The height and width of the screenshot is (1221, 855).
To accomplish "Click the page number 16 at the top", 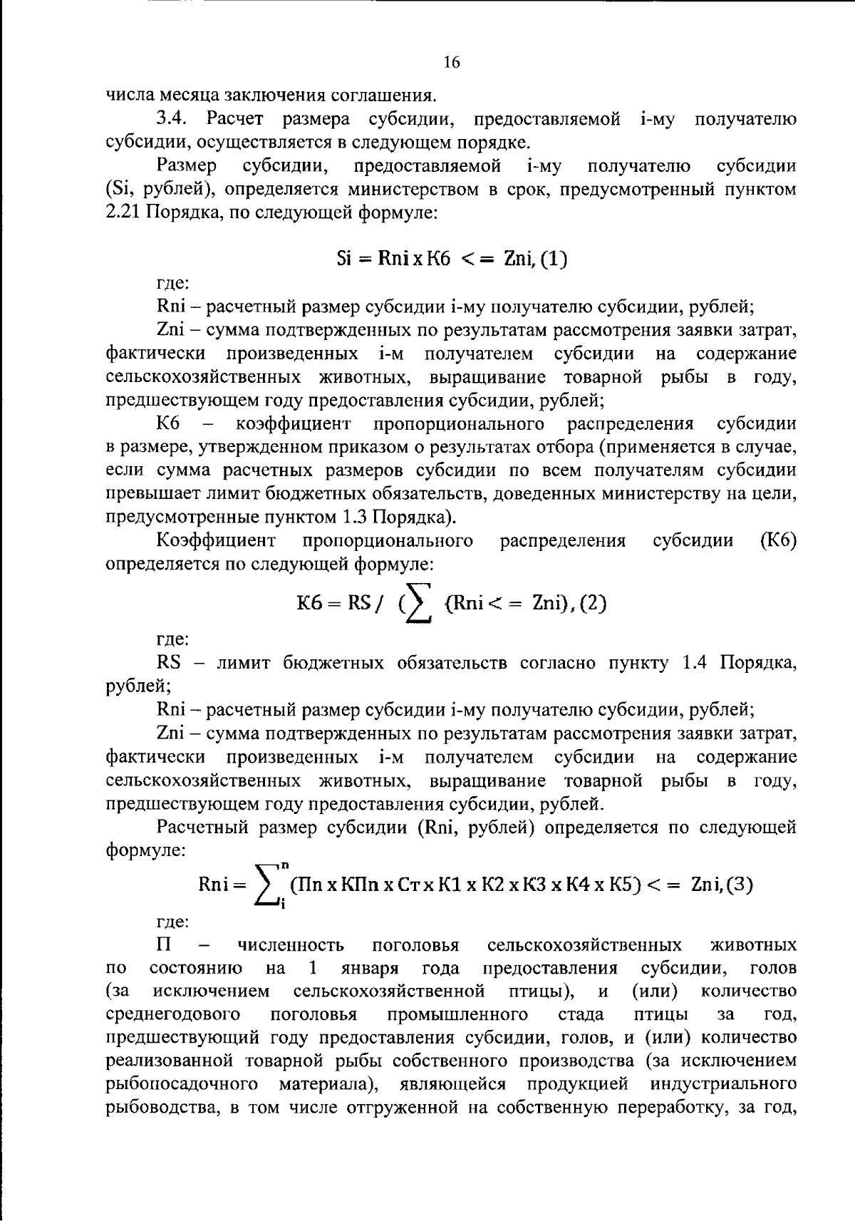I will coord(452,63).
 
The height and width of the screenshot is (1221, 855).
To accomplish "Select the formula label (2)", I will coord(591,604).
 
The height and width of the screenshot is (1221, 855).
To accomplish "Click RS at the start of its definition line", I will coord(168,663).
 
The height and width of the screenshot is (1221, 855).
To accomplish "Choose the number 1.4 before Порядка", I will coord(695,663).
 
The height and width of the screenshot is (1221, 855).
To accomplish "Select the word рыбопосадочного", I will coord(182,1084).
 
